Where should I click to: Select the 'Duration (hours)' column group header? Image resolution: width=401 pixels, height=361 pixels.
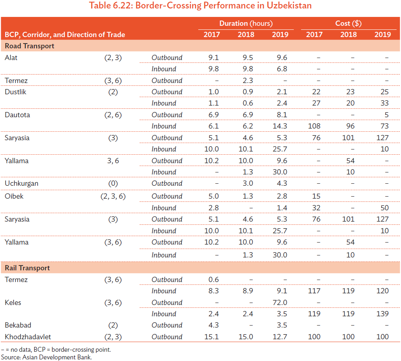[246, 23]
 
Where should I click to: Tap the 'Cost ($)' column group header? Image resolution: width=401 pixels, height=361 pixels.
[348, 23]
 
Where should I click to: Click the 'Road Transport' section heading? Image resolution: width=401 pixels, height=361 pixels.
[29, 46]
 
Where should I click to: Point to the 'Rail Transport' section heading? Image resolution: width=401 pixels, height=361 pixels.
[27, 268]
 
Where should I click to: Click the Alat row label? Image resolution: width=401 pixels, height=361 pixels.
[11, 58]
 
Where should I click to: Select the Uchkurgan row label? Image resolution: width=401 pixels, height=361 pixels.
[21, 183]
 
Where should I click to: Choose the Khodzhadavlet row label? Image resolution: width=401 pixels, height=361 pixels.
[28, 337]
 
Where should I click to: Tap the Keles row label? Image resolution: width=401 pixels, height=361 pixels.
[13, 303]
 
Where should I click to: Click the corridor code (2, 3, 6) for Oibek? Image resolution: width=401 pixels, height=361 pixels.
[113, 196]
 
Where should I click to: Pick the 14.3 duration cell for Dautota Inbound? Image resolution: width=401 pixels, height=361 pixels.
[280, 126]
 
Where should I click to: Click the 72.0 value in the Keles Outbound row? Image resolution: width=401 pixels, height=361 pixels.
[280, 303]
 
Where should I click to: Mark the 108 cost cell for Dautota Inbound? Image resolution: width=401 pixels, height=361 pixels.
[314, 126]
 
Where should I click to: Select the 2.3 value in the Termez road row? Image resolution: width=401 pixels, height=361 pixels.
[247, 81]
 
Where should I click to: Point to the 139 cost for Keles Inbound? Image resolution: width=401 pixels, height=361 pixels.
[382, 314]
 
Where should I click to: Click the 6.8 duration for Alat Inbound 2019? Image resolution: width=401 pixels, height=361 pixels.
[282, 69]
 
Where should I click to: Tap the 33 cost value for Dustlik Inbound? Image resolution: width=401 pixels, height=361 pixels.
[384, 103]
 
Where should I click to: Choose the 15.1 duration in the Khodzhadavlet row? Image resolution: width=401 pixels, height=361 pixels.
[212, 337]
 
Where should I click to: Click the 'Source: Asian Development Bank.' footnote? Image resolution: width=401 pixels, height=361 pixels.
[46, 357]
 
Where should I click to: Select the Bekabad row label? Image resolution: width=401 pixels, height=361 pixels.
[18, 325]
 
